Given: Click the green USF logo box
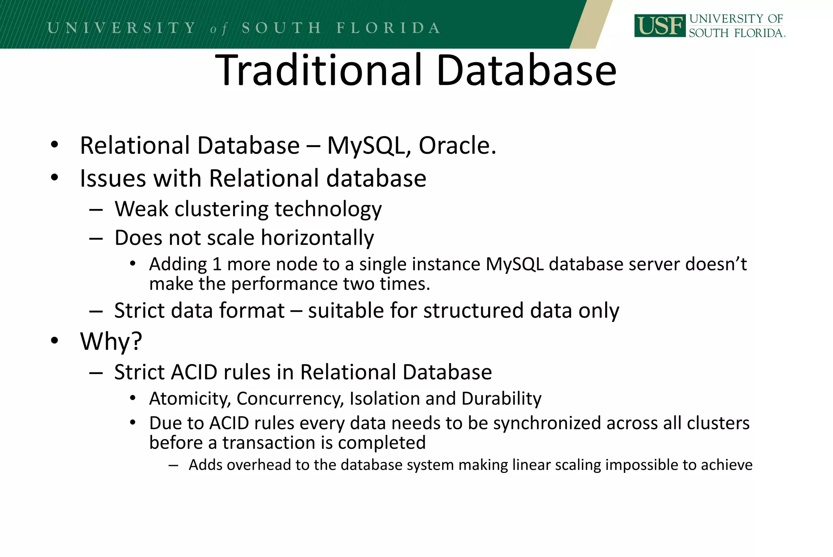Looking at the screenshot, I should click(x=659, y=26).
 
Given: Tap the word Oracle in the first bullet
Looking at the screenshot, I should click(x=457, y=146).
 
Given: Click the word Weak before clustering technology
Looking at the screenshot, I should click(x=141, y=209).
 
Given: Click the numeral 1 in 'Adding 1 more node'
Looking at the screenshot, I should click(x=217, y=264).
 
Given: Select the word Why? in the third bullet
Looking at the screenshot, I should click(x=111, y=341).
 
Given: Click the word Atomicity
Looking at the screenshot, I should click(x=190, y=398).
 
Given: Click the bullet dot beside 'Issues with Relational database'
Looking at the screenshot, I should click(x=55, y=178).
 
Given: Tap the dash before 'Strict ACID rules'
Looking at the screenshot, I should click(x=96, y=372).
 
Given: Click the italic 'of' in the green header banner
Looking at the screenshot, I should click(x=218, y=29).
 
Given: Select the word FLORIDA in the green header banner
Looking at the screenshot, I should click(x=388, y=28).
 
